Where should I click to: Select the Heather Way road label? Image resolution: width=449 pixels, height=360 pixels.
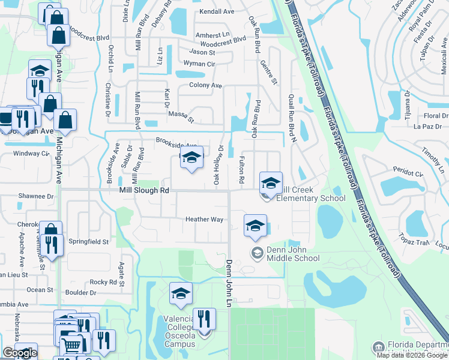pyautogui.click(x=204, y=220)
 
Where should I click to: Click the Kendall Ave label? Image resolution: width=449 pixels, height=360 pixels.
pyautogui.click(x=217, y=11)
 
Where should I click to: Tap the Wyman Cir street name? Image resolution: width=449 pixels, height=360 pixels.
pyautogui.click(x=199, y=64)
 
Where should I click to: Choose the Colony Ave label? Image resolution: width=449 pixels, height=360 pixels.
pyautogui.click(x=205, y=86)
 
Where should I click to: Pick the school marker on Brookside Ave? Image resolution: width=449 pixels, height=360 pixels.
pyautogui.click(x=191, y=158)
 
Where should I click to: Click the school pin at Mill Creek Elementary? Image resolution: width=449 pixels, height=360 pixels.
pyautogui.click(x=271, y=182)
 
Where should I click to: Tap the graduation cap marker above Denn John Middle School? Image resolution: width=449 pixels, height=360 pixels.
pyautogui.click(x=255, y=226)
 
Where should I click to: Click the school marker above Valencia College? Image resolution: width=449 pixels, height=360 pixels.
pyautogui.click(x=181, y=293)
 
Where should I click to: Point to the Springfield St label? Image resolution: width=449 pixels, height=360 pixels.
pyautogui.click(x=88, y=242)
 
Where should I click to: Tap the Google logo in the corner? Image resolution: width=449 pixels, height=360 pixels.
pyautogui.click(x=20, y=353)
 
